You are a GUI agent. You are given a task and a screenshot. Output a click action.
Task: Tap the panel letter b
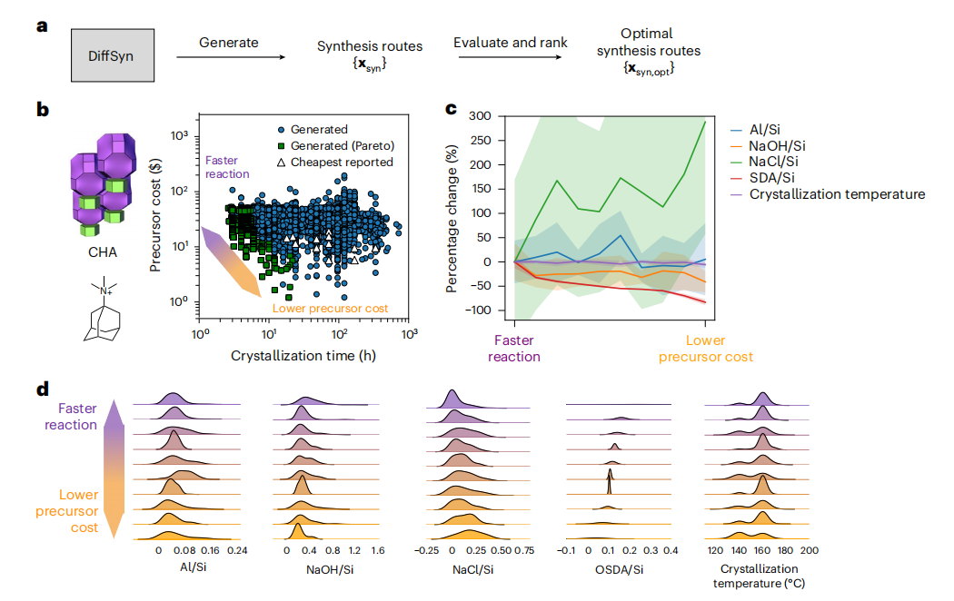point(42,110)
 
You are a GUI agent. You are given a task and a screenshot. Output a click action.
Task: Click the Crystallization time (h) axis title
point(303,354)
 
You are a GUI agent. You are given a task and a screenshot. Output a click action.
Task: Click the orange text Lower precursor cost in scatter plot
point(331,309)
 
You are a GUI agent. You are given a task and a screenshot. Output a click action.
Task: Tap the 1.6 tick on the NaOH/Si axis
point(378,551)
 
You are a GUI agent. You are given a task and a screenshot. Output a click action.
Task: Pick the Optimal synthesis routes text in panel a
point(649,44)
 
